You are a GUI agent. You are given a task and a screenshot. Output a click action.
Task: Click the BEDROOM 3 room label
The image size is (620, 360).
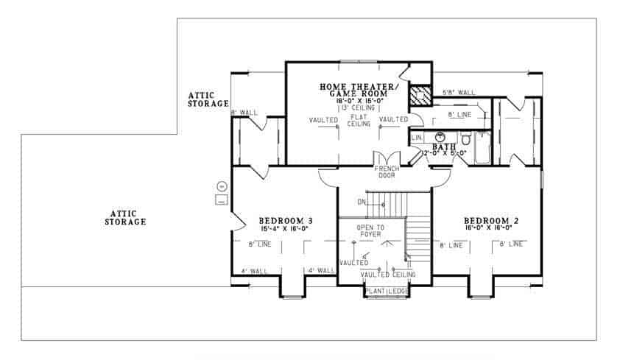coord(286,220)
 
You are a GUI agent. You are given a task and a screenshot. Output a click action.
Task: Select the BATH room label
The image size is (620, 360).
coord(444,147)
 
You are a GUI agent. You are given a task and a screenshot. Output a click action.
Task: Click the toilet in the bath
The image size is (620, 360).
coord(465,138)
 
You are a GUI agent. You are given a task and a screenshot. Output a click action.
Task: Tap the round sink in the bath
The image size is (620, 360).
coord(440,137)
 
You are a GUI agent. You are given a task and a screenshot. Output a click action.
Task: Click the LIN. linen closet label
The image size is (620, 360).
coord(417,138)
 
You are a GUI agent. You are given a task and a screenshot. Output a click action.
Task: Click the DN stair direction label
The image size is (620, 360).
coord(362,200)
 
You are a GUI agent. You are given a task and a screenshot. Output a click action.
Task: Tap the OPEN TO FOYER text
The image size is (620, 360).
coord(370,231)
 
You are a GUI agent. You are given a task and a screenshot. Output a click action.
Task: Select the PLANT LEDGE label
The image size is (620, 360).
coord(387,292)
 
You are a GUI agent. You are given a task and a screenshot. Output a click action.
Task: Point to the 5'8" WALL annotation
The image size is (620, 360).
coord(458,93)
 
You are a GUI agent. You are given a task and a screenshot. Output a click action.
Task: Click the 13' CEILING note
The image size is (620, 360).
coord(358,107)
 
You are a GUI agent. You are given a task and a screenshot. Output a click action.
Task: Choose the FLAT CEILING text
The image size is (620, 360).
coord(359,122)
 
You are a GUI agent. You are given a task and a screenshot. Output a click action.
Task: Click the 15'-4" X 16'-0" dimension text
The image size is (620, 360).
coord(286,228)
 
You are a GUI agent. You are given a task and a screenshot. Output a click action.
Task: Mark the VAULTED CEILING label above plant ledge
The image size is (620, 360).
coord(388,275)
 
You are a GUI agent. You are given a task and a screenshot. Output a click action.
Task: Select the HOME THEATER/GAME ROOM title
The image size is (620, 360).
coord(359,90)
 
